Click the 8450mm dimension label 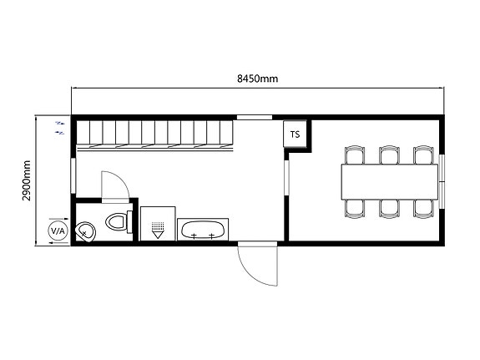[x=258, y=79]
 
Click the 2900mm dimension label [x=27, y=180]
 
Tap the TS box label [x=296, y=134]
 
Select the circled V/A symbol [x=58, y=231]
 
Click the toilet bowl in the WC [x=115, y=221]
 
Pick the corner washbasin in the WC [x=86, y=232]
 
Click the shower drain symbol [x=158, y=230]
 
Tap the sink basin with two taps [x=203, y=230]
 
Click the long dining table [x=390, y=182]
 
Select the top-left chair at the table [x=355, y=155]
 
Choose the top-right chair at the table [x=423, y=155]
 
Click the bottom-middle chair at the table [x=389, y=209]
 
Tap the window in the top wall [x=255, y=117]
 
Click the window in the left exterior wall [x=73, y=175]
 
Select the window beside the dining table [x=442, y=182]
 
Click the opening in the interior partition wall [x=286, y=177]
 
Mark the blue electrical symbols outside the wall [x=60, y=128]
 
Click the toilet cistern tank [x=129, y=222]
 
